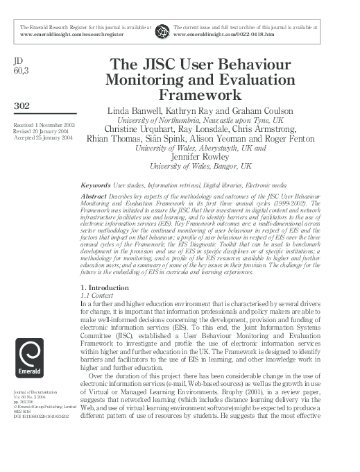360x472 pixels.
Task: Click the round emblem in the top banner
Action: tap(162, 31)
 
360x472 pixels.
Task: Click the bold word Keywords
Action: tap(96, 186)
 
